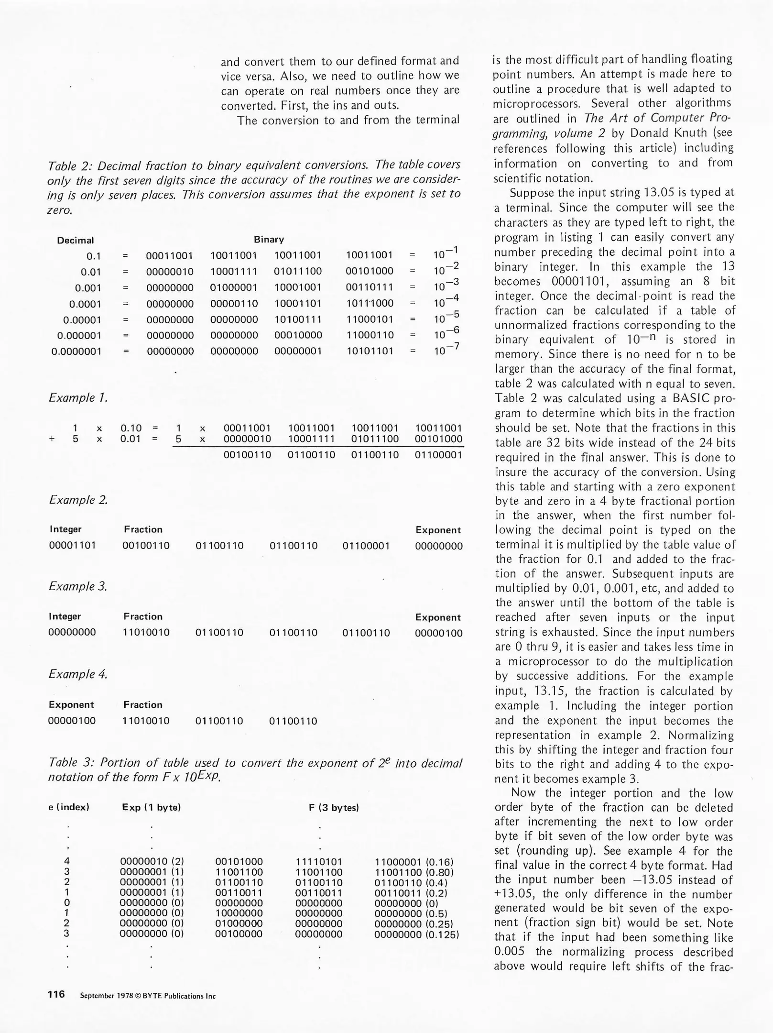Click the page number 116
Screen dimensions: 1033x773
56,994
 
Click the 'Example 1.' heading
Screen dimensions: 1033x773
78,398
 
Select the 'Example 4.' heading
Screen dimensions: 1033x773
78,674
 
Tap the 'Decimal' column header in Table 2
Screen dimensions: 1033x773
75,240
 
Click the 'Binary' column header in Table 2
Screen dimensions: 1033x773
269,239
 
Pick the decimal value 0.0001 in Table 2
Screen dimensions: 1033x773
85,304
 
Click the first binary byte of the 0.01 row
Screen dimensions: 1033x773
170,272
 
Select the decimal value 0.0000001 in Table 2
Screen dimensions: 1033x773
76,352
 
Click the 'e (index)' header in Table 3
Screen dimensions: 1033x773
69,807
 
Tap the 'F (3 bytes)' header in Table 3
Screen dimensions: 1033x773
334,808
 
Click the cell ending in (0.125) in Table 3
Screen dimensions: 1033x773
416,934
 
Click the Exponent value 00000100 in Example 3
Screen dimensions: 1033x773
438,633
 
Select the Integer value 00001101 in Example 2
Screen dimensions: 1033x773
72,545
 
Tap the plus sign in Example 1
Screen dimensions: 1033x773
52,439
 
